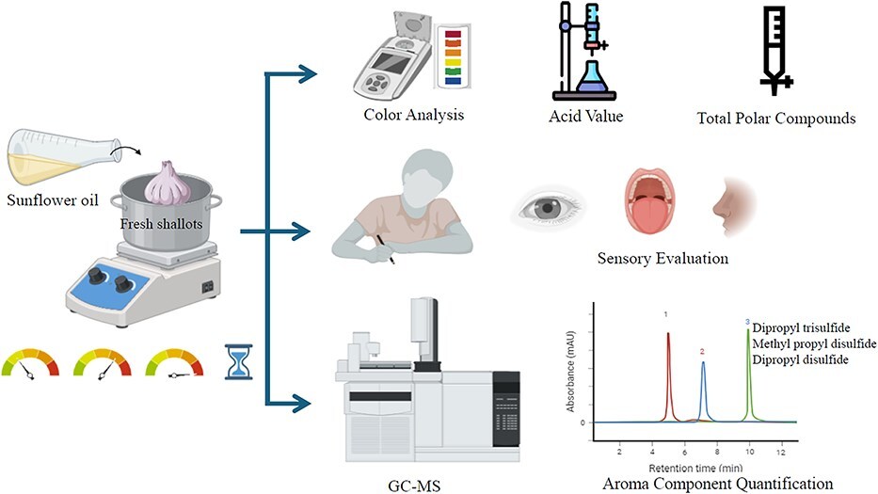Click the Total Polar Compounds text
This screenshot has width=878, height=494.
pyautogui.click(x=776, y=119)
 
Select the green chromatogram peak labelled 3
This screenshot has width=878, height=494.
pyautogui.click(x=749, y=372)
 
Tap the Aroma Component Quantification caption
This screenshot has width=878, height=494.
pyautogui.click(x=718, y=484)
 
